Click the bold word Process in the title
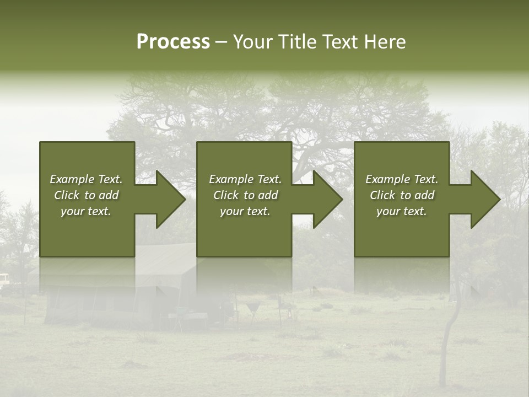tap(173, 42)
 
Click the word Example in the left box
tap(72, 179)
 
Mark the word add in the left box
tap(109, 195)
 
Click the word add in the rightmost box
tap(425, 195)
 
